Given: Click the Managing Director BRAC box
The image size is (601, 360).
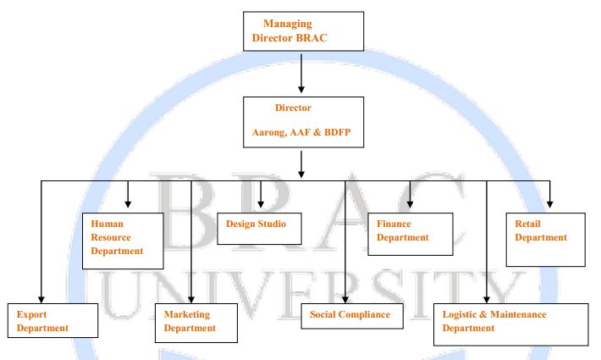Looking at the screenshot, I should (x=302, y=31).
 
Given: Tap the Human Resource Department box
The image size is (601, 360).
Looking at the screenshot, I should (x=122, y=240).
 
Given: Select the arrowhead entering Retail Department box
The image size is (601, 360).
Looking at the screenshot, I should (x=549, y=204).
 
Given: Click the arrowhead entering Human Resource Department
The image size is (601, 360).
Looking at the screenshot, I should (x=128, y=205).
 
